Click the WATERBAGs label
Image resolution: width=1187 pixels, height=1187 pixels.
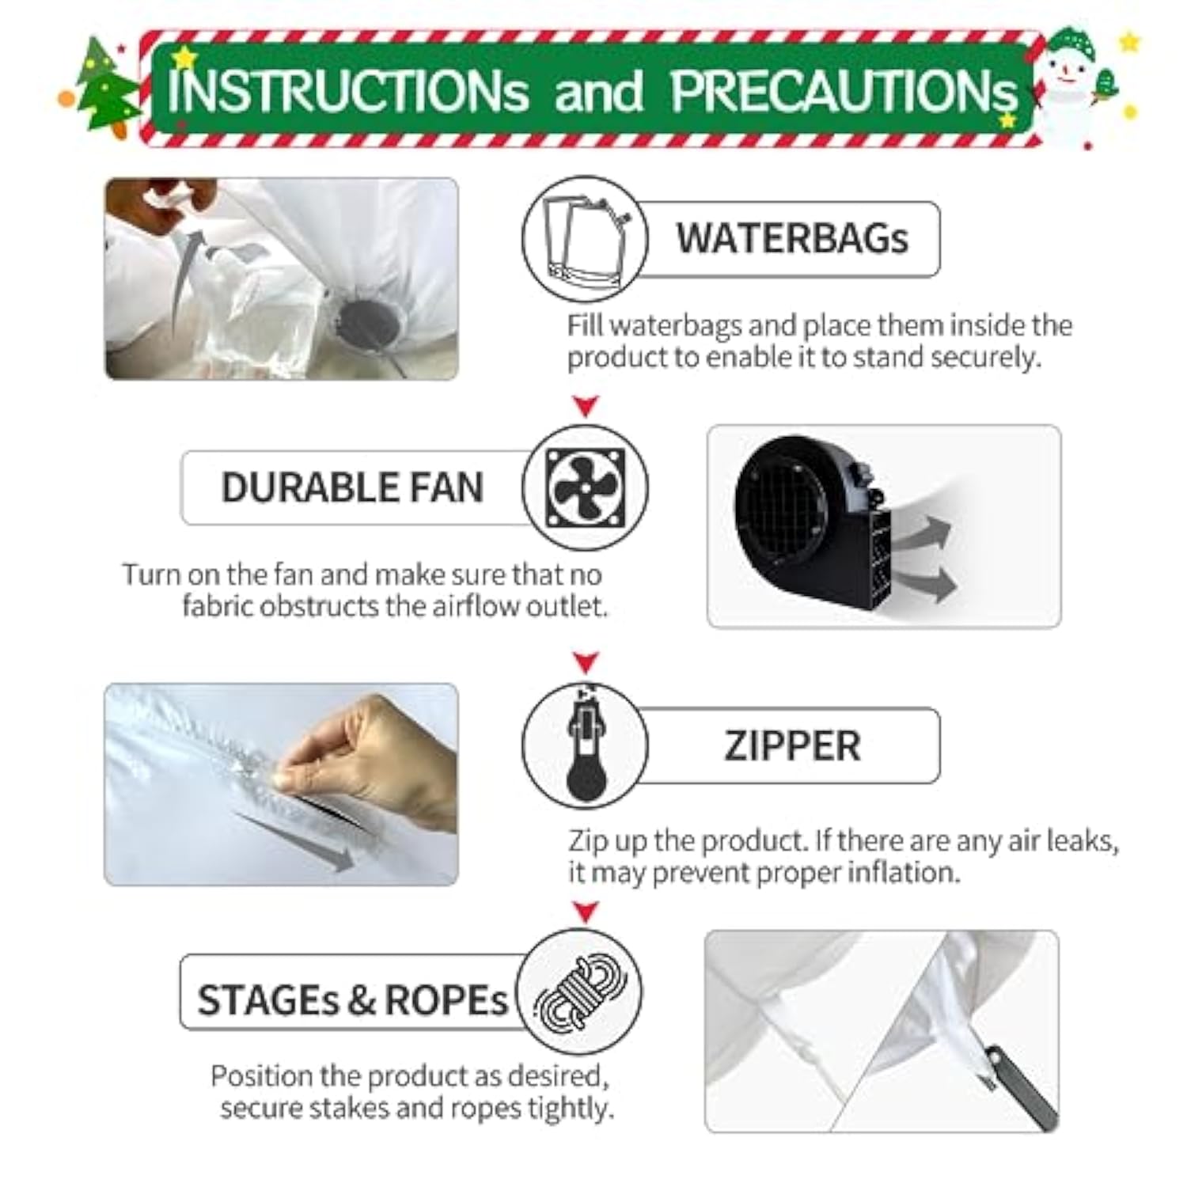791,237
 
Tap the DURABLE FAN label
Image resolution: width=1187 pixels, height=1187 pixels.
352,487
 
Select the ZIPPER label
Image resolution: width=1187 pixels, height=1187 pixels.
792,746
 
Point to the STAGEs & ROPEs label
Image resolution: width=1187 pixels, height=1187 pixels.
352,999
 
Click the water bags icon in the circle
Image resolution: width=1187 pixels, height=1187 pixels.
586,237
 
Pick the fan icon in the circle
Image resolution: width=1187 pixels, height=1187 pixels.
586,487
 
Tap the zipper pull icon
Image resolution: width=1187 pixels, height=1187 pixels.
586,744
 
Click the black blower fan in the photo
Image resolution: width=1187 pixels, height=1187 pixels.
815,522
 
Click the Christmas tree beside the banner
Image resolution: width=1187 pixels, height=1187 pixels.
107,87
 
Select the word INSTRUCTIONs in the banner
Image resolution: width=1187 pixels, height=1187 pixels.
348,91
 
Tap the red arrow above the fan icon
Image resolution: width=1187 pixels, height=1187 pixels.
586,407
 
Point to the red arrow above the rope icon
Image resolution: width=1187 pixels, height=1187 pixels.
586,912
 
